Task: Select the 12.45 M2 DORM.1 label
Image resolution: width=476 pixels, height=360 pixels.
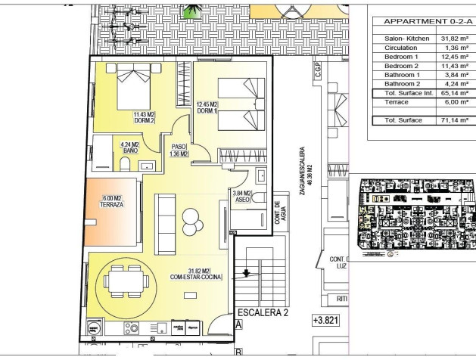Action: (x=207, y=108)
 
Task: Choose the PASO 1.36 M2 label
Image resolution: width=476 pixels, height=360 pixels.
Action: (x=179, y=151)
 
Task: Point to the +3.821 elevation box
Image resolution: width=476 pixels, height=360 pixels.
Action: (x=326, y=321)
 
